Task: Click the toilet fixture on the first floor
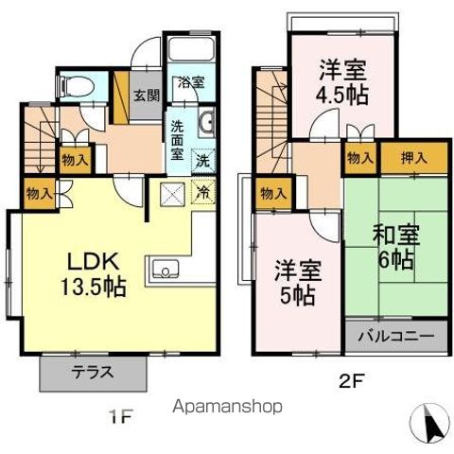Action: point(76,87)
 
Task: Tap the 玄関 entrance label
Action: point(147,96)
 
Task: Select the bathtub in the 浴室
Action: point(191,49)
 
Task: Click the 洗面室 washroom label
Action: point(177,140)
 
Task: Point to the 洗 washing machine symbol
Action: point(203,161)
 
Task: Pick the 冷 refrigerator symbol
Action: point(203,192)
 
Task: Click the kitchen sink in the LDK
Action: point(166,269)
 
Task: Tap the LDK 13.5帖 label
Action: point(94,274)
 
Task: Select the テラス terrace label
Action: point(93,373)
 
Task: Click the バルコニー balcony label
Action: point(396,336)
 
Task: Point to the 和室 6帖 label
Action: point(396,248)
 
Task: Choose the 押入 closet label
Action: point(414,158)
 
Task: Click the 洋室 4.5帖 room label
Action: point(342,82)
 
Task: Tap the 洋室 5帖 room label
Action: point(298,283)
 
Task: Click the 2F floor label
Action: point(352,381)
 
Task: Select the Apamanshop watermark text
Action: point(227,407)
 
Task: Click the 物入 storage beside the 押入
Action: point(360,158)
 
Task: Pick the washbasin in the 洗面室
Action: point(206,122)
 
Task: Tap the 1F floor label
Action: point(120,417)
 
